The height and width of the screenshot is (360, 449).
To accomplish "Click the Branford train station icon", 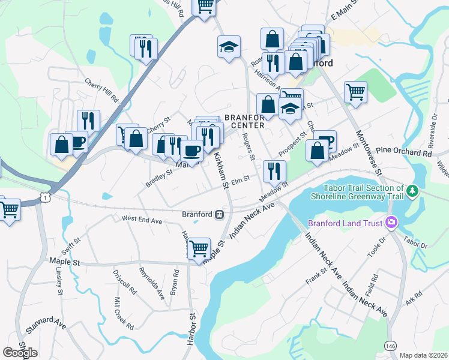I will (x=220, y=214).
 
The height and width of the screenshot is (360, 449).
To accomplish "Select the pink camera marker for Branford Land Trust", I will (x=391, y=223).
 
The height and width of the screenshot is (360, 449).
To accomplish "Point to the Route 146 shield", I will (x=390, y=346).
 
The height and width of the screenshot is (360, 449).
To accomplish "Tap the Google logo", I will (x=20, y=353).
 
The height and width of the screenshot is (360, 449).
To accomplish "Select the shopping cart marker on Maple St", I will (x=199, y=248).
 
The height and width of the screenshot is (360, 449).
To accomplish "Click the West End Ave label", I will (x=142, y=220).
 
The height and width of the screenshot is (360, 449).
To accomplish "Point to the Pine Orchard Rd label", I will (x=404, y=153).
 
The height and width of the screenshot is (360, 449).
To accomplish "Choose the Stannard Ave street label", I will (x=46, y=326).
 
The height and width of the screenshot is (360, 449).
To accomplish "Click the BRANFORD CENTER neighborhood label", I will (x=244, y=121).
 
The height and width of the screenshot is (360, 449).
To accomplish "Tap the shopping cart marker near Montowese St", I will (x=355, y=92).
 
